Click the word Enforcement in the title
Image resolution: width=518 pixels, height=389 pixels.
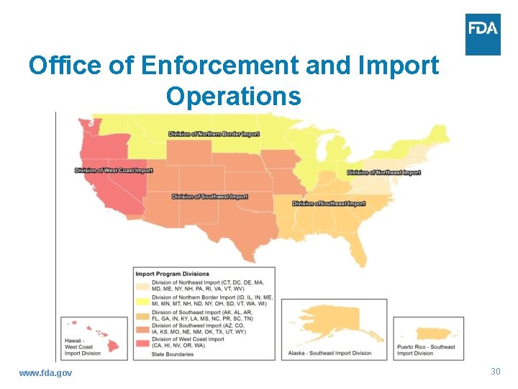point(220,66)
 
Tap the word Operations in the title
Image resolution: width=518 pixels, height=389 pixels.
point(233,96)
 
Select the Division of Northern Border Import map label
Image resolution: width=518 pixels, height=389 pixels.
point(214,134)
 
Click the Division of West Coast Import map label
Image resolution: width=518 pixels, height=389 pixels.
point(114,171)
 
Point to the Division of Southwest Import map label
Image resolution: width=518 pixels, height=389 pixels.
point(209,197)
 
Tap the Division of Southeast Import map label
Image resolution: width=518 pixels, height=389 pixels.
point(329,204)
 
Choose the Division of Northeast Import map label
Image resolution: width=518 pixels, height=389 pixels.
point(383,173)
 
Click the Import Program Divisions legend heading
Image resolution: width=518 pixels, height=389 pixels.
point(173,274)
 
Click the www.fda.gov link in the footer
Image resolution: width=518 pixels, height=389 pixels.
point(45,372)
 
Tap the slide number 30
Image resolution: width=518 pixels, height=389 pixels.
point(495,372)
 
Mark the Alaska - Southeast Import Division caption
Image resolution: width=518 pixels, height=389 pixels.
point(329,353)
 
